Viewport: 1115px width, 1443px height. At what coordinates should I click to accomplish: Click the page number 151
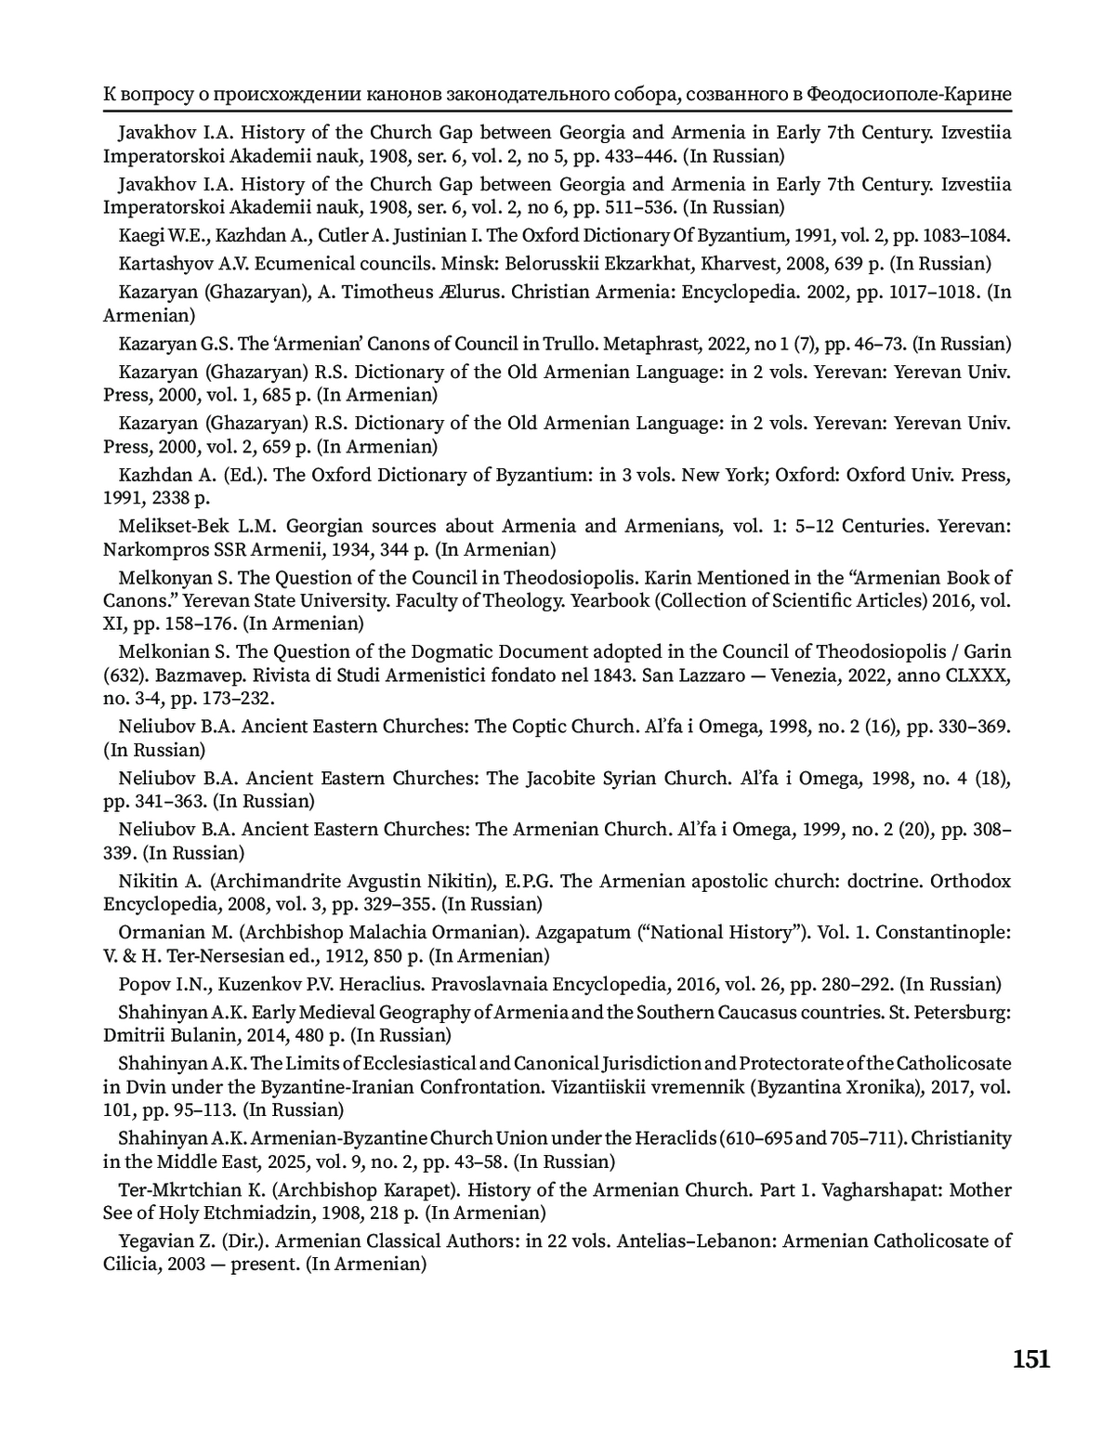(x=1031, y=1360)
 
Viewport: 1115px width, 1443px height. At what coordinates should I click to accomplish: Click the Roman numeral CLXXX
(x=975, y=675)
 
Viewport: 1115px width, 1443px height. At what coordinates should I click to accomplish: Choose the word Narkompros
(x=154, y=549)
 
